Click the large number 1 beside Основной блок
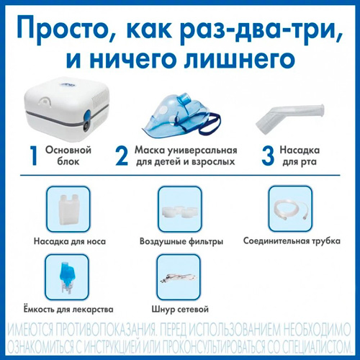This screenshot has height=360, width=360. click(35, 156)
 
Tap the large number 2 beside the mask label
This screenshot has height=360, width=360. click(122, 156)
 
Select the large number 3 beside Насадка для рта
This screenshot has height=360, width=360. click(268, 156)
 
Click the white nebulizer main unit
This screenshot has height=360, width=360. click(67, 109)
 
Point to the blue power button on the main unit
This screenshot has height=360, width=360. click(88, 114)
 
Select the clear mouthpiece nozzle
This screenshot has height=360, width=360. click(290, 117)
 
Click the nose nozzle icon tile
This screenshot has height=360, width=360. click(68, 209)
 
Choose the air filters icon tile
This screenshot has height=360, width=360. click(180, 209)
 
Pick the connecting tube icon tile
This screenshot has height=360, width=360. click(291, 209)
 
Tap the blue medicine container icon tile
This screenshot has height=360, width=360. click(67, 277)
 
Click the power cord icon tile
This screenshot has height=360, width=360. click(179, 277)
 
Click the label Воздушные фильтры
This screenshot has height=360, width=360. click(181, 241)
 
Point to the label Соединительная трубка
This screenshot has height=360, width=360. click(292, 240)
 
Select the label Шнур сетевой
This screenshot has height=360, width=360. click(180, 309)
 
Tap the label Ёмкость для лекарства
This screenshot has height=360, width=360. click(68, 309)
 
